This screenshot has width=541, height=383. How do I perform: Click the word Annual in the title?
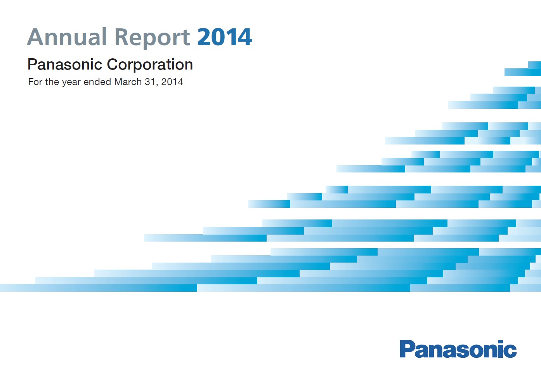(x=67, y=37)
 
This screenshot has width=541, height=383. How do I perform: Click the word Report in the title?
(x=153, y=38)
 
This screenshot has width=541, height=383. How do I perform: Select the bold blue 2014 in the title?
(x=225, y=37)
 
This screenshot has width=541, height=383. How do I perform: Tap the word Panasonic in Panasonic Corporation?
(x=65, y=64)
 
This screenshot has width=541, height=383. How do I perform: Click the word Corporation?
(x=150, y=64)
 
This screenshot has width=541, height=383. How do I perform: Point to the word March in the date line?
(x=128, y=82)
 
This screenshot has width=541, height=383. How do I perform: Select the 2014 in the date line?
(x=172, y=82)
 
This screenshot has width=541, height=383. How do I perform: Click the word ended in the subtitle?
(x=97, y=82)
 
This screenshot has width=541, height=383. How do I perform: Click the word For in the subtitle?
(x=35, y=82)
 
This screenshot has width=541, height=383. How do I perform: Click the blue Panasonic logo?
(x=458, y=349)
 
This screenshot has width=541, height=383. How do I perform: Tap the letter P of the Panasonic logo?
(x=407, y=349)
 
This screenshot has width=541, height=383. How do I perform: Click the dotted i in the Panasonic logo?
(x=500, y=348)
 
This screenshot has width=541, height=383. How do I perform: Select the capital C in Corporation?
(x=113, y=64)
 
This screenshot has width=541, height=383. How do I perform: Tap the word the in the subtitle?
(x=52, y=82)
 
